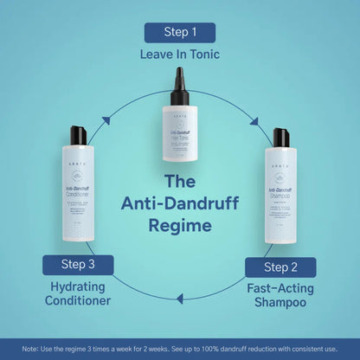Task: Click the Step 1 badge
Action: pyautogui.click(x=180, y=33)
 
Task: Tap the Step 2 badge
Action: pyautogui.click(x=280, y=267)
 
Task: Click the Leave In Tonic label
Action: pyautogui.click(x=180, y=55)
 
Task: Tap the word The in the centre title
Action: pyautogui.click(x=180, y=183)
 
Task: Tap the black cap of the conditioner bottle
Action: pyautogui.click(x=79, y=135)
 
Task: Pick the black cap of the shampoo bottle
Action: pyautogui.click(x=280, y=137)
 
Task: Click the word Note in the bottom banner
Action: pyautogui.click(x=30, y=349)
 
